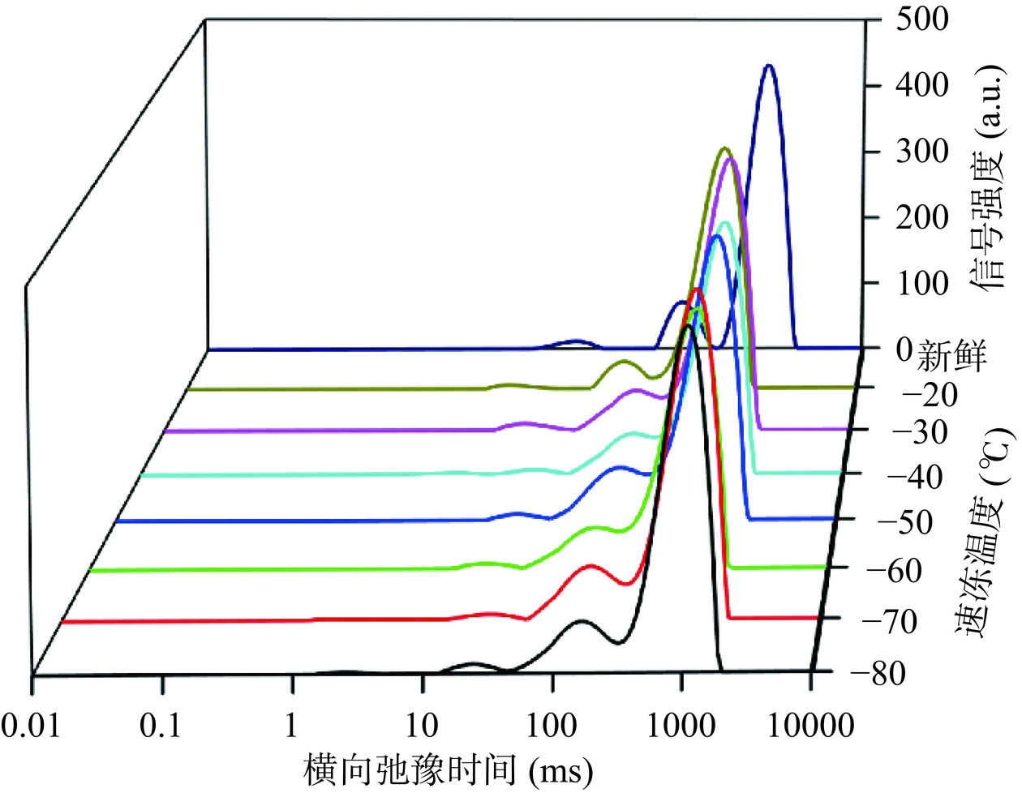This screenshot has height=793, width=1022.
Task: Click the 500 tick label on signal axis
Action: tap(924, 19)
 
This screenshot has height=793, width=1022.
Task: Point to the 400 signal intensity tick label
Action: tap(924, 85)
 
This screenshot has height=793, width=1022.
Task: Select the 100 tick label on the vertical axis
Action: tap(924, 283)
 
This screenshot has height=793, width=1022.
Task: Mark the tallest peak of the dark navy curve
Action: tap(769, 66)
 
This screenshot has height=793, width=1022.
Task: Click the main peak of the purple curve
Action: tap(730, 159)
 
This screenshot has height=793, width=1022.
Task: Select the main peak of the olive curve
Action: tap(724, 148)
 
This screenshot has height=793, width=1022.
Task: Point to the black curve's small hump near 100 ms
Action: tap(581, 621)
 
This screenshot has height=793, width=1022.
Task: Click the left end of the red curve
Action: tap(63, 622)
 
